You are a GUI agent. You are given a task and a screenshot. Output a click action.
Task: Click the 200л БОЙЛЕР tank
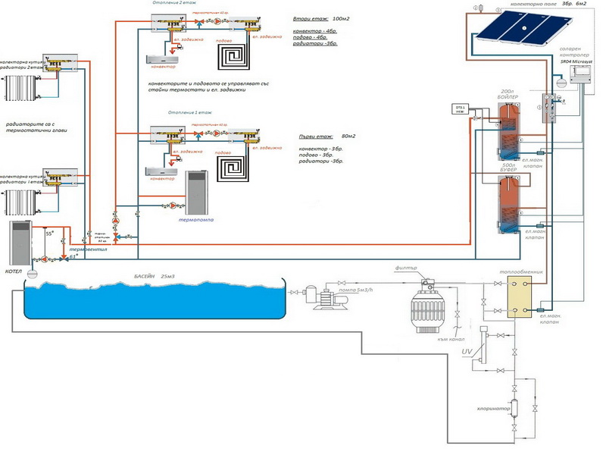pyautogui.click(x=507, y=129)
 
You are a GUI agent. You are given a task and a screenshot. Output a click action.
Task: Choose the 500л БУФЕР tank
pyautogui.click(x=507, y=205)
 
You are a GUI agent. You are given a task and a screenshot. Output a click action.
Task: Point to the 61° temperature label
pyautogui.click(x=73, y=257)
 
